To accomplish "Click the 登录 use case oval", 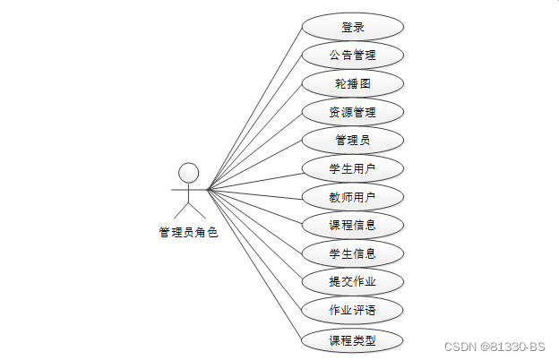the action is (352, 27).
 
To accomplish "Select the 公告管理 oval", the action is (352, 56).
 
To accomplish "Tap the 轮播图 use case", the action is (352, 84).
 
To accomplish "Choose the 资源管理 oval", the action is (352, 113).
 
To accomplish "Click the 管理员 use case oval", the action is (352, 141).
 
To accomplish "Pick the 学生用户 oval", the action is (352, 169).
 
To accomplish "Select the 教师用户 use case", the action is (352, 198).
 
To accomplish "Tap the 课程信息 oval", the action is (352, 226).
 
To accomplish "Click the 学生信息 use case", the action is (352, 254).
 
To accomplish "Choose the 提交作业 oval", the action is (352, 283).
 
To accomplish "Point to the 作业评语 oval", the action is (352, 311).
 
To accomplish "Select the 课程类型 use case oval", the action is (352, 340).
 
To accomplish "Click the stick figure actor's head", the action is (188, 172).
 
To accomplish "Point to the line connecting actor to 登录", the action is (254, 107).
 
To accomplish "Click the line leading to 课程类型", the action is (254, 264).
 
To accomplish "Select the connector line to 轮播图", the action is (254, 136).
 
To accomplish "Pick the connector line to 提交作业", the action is (254, 236).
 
